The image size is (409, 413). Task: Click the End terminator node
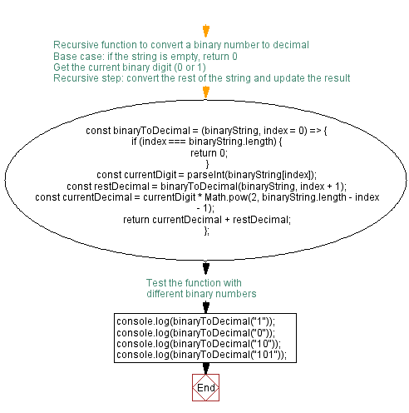click(205, 387)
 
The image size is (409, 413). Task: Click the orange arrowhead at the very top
click(206, 31)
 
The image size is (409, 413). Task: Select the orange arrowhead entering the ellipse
click(206, 92)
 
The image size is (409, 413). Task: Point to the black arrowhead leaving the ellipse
click(206, 268)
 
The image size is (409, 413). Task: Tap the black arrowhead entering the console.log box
click(206, 307)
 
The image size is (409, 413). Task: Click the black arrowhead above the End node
click(206, 368)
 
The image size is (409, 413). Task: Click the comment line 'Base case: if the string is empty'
click(145, 57)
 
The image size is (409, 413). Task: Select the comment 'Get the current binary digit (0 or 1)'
click(130, 67)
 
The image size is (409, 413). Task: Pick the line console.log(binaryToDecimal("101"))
click(202, 355)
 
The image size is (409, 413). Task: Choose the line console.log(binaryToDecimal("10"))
click(199, 344)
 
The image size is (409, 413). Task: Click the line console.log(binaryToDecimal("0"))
click(196, 332)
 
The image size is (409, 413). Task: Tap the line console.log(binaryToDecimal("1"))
click(196, 321)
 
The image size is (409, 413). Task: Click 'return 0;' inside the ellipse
click(209, 153)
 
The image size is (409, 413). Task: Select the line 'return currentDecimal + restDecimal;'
click(207, 220)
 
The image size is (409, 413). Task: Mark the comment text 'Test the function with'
click(194, 283)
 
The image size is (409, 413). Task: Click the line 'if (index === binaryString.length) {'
click(207, 142)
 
